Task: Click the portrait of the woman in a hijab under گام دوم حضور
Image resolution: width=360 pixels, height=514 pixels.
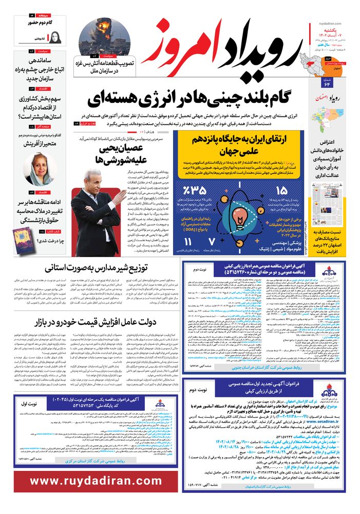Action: [55, 37]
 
